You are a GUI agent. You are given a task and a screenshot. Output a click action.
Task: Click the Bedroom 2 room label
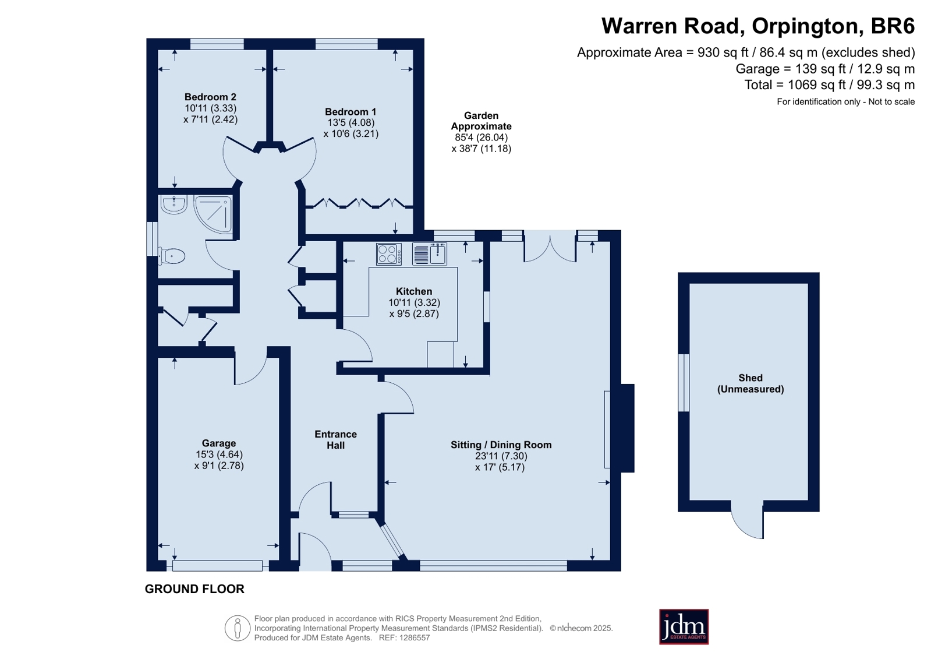(210, 97)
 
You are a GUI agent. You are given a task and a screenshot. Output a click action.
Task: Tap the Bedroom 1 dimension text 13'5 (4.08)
(351, 123)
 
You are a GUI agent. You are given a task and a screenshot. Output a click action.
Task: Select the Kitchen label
(414, 291)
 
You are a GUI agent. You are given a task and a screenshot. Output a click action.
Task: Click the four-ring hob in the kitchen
(389, 254)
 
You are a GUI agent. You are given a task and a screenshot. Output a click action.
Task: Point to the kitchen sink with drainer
(430, 254)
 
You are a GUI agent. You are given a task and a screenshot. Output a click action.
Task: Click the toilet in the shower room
(171, 256)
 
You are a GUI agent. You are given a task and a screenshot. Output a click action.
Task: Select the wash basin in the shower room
(174, 205)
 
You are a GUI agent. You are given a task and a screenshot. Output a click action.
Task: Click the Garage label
(218, 443)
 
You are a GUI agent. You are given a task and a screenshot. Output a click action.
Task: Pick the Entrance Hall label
(335, 440)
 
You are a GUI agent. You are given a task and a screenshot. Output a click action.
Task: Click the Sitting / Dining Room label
(501, 445)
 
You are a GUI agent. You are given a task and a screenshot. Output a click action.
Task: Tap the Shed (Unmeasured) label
(750, 383)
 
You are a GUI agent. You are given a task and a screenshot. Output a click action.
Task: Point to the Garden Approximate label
(482, 121)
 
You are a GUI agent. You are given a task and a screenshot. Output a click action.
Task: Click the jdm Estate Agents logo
(684, 626)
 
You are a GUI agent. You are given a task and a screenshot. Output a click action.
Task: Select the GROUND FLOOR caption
(194, 589)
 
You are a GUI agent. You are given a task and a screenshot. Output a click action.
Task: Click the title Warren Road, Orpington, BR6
(758, 26)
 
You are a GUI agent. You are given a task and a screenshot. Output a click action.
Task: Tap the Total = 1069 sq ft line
(830, 85)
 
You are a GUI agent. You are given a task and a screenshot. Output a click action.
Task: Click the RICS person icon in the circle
(238, 628)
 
